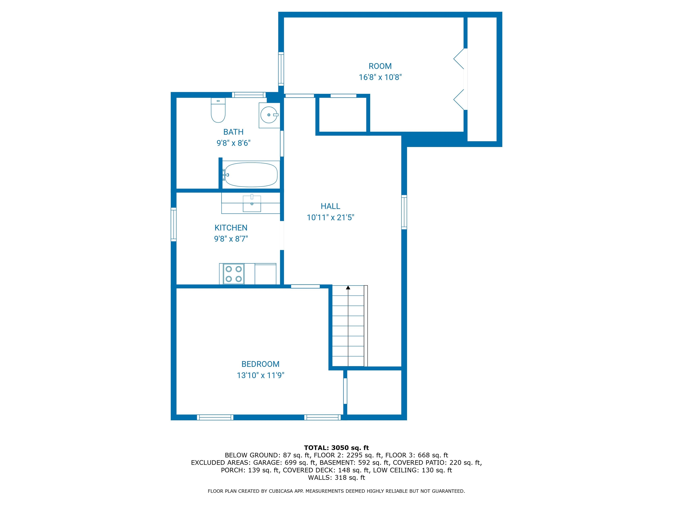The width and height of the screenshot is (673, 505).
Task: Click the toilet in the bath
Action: (x=218, y=110)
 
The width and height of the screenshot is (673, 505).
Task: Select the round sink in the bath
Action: (x=269, y=115)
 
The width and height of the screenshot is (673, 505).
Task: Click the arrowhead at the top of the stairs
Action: (x=348, y=287)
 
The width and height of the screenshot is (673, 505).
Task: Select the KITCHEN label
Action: (x=231, y=228)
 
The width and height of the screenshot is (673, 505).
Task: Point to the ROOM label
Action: (x=380, y=66)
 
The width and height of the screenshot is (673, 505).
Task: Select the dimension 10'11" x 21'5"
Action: (x=330, y=217)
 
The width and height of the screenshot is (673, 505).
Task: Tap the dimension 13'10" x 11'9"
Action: (x=260, y=375)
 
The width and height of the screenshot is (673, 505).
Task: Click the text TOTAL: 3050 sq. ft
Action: (x=336, y=448)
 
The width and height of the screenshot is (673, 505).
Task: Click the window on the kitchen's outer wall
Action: (x=174, y=224)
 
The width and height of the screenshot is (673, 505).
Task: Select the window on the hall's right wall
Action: (x=404, y=212)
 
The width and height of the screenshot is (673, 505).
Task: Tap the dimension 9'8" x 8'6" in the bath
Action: (x=233, y=143)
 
